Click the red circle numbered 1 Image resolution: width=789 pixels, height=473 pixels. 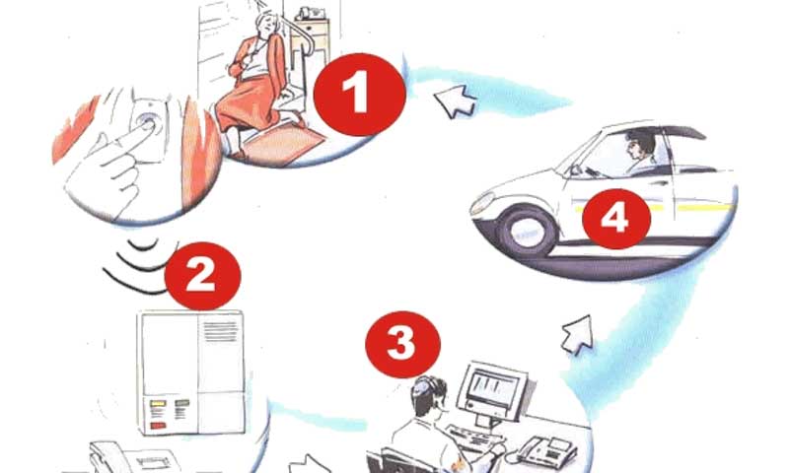tap(359, 94)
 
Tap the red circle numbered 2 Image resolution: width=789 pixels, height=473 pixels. tap(202, 276)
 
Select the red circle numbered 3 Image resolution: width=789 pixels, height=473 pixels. tap(402, 344)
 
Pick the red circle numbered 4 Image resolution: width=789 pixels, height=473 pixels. tap(615, 219)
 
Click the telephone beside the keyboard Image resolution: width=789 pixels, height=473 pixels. tap(547, 450)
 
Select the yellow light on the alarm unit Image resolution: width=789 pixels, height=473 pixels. tap(158, 403)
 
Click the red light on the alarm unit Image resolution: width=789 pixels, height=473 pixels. tap(158, 426)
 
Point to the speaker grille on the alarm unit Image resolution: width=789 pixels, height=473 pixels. tap(220, 331)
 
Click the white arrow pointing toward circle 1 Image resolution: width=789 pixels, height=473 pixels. tap(455, 101)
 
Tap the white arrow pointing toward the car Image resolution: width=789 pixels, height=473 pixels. tap(578, 334)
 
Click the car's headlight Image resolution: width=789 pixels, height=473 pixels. tap(482, 203)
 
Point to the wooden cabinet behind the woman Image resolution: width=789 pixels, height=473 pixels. tap(311, 40)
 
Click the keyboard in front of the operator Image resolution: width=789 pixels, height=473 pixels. tap(469, 439)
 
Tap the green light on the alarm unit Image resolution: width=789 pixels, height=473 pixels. tap(182, 403)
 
